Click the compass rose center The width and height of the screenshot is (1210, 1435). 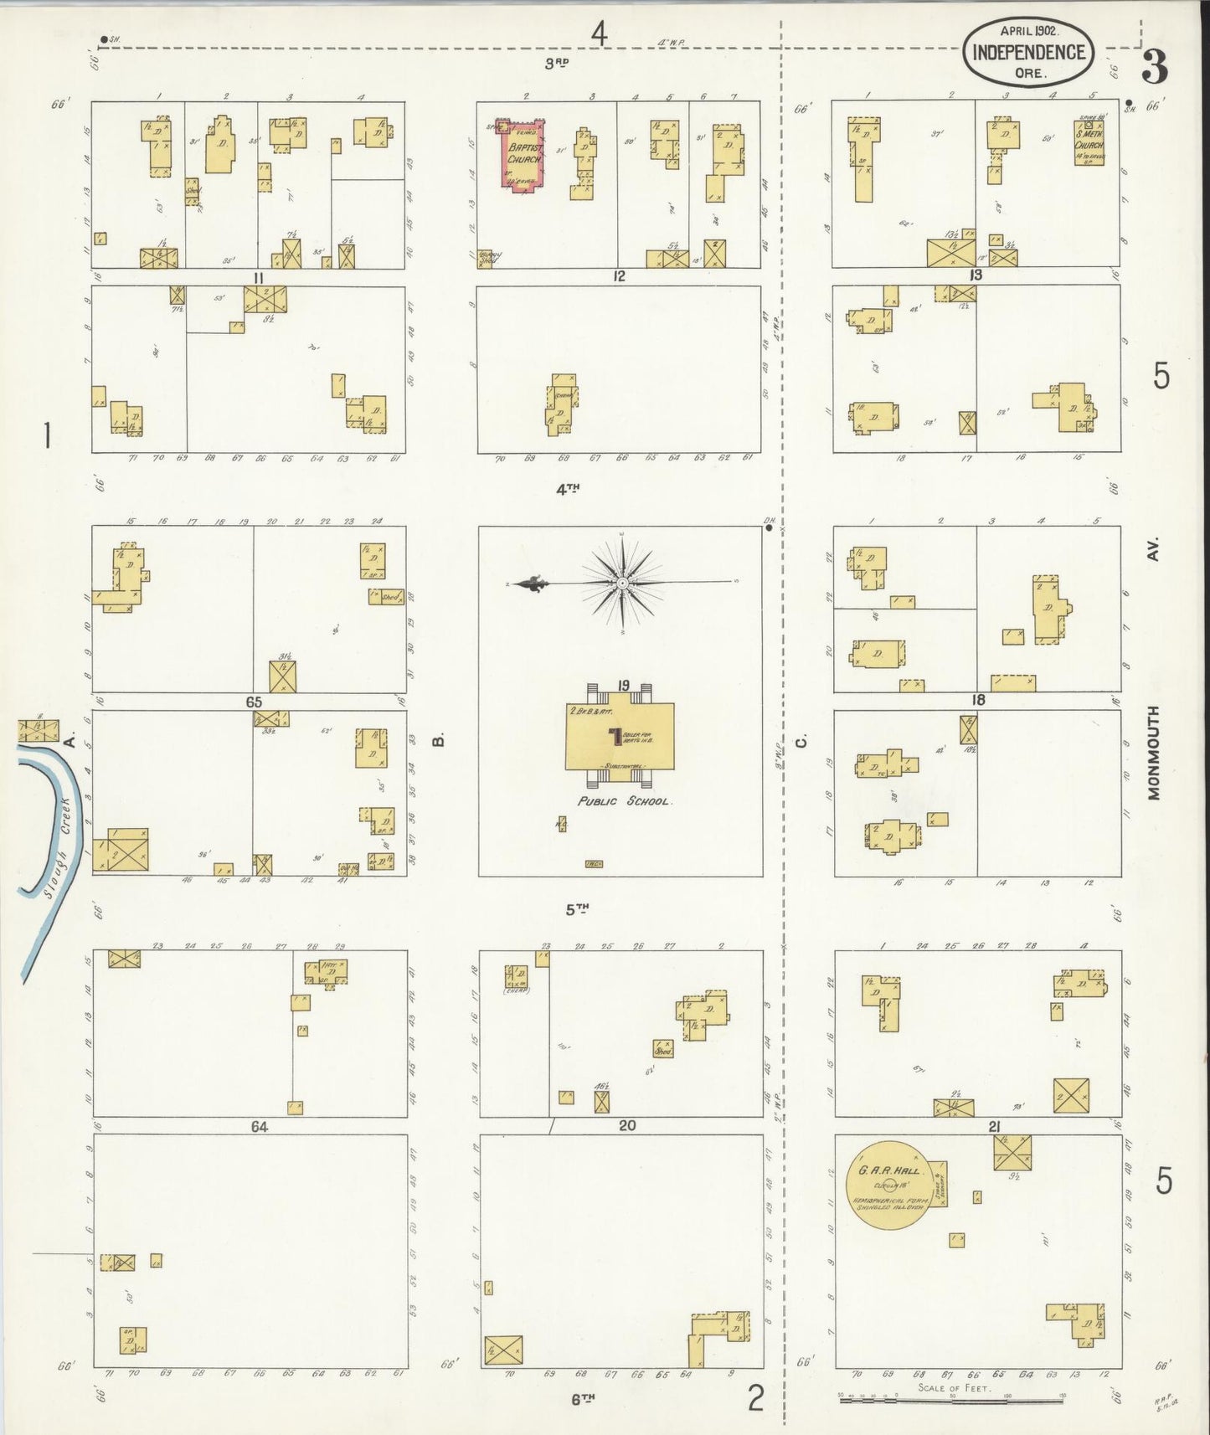pyautogui.click(x=623, y=583)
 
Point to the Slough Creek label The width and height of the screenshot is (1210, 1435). pyautogui.click(x=58, y=846)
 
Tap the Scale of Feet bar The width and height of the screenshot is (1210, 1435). pyautogui.click(x=951, y=1396)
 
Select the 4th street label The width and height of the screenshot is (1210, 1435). pyautogui.click(x=568, y=489)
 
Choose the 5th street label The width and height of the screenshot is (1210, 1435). pyautogui.click(x=576, y=910)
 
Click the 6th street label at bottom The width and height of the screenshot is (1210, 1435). pyautogui.click(x=583, y=1397)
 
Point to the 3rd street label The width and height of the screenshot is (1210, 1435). pyautogui.click(x=556, y=63)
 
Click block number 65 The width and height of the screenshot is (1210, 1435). pyautogui.click(x=254, y=702)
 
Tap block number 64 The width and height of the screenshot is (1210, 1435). pyautogui.click(x=259, y=1127)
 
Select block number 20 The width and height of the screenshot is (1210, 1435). pyautogui.click(x=626, y=1126)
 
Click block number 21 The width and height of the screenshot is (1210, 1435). pyautogui.click(x=994, y=1127)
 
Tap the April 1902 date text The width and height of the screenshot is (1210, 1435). pyautogui.click(x=1029, y=30)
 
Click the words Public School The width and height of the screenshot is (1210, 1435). pyautogui.click(x=624, y=801)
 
